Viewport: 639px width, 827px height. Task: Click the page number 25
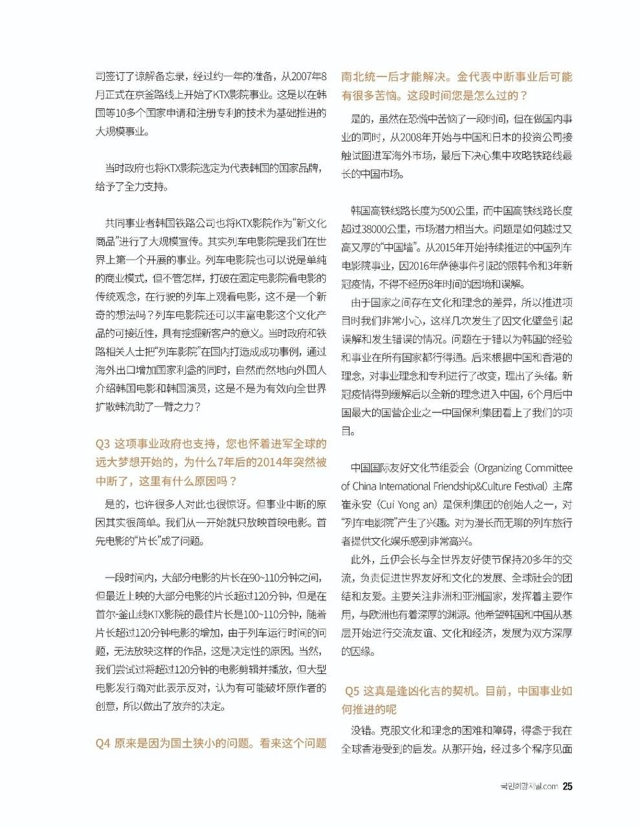click(x=567, y=786)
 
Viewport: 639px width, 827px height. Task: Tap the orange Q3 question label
click(x=103, y=445)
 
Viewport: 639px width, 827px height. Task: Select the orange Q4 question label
click(x=103, y=743)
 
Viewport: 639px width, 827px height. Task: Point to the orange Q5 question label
click(x=352, y=691)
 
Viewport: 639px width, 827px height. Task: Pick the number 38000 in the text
click(x=382, y=229)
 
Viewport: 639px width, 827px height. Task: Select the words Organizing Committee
click(x=525, y=468)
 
